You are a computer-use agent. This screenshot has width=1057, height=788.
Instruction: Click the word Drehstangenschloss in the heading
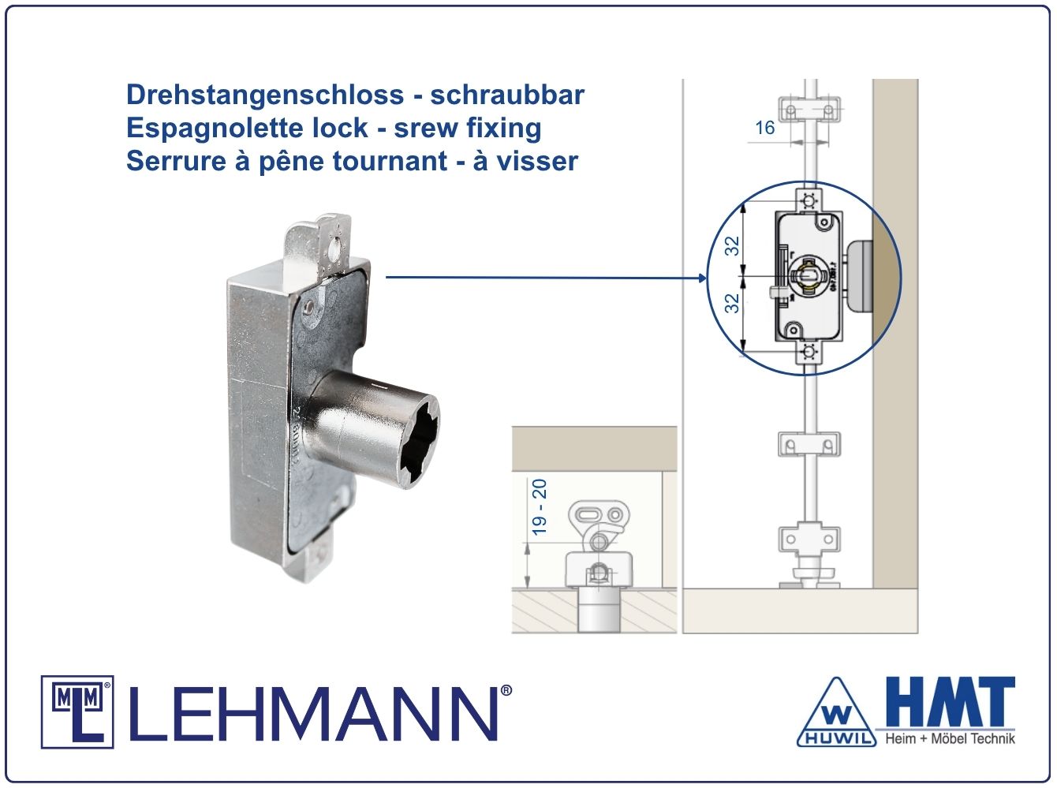click(265, 95)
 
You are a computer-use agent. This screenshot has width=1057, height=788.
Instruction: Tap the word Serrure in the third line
click(176, 161)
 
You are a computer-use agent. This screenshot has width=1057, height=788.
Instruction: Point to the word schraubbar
click(507, 95)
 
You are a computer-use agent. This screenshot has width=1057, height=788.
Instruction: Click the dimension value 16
click(764, 128)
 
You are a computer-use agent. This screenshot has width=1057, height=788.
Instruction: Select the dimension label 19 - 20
click(540, 507)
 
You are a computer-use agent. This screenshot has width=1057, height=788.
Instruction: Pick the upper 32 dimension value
click(732, 246)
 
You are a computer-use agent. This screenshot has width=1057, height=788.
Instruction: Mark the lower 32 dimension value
click(732, 303)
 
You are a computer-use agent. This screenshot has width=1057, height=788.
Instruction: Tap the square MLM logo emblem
click(77, 712)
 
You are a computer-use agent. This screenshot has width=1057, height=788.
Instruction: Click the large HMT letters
click(951, 702)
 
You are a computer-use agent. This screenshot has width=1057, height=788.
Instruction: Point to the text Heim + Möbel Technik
click(950, 739)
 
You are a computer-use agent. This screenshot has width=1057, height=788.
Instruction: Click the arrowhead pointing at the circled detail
click(702, 278)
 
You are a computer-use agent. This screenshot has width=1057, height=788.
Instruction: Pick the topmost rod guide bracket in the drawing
click(809, 110)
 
